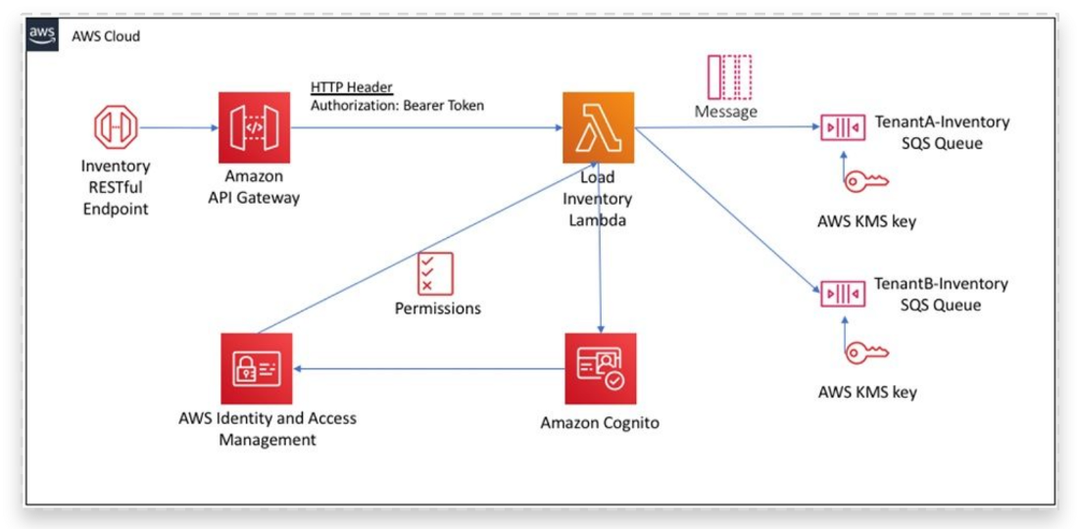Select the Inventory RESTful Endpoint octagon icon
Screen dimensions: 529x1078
click(x=116, y=126)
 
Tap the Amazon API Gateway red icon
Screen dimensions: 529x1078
click(x=254, y=127)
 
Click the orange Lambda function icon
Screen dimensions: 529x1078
click(x=598, y=127)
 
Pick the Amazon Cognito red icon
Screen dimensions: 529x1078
click(x=600, y=368)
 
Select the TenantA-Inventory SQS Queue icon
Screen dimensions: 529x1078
click(x=842, y=128)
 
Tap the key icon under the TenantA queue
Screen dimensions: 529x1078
click(x=866, y=180)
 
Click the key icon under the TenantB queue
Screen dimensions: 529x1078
click(x=866, y=352)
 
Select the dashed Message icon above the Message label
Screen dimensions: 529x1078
click(x=730, y=76)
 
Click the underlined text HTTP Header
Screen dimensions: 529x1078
click(x=351, y=87)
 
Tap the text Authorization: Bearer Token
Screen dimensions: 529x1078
click(x=397, y=106)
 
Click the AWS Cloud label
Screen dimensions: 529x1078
click(x=106, y=37)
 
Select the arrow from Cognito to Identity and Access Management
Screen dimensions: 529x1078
click(x=431, y=369)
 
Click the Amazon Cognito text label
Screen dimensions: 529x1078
click(x=600, y=423)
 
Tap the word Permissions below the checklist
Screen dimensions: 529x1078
click(x=437, y=309)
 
